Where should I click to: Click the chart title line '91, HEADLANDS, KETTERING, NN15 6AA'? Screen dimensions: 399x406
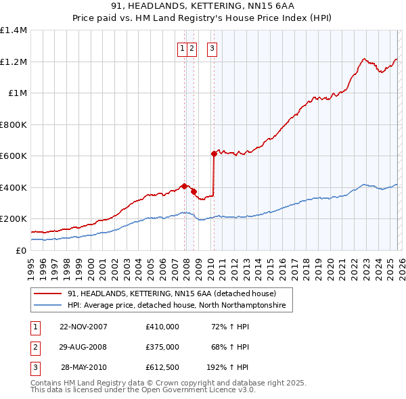[x=202, y=5]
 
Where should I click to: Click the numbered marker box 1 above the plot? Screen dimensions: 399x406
[x=183, y=48]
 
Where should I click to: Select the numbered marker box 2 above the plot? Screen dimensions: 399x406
[x=192, y=48]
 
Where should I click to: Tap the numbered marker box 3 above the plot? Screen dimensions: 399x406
[x=212, y=48]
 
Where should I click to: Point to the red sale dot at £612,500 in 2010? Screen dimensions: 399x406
[x=214, y=154]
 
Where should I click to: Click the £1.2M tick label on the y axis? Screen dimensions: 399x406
[x=14, y=62]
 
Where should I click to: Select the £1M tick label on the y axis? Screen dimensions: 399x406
[x=17, y=93]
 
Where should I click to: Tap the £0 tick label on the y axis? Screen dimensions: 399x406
[x=21, y=250]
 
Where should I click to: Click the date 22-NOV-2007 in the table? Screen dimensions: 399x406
[x=83, y=327]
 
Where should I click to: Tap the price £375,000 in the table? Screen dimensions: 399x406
[x=162, y=347]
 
